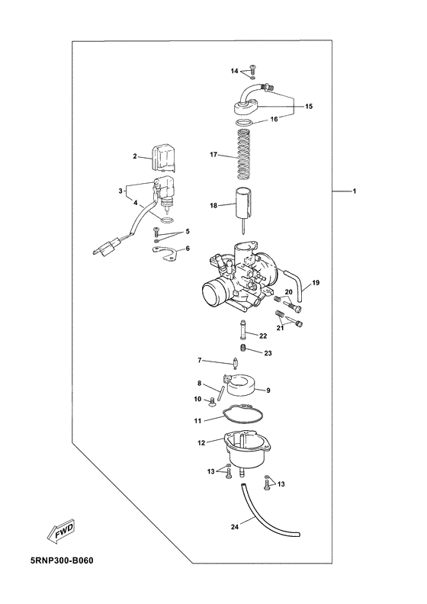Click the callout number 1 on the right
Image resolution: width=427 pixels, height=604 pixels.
tap(353, 191)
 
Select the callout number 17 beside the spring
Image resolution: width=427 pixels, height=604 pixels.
tap(215, 155)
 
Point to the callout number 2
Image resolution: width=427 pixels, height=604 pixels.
tap(135, 156)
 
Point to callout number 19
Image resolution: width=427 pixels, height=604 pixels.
tap(316, 283)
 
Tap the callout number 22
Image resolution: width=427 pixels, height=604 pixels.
tap(263, 336)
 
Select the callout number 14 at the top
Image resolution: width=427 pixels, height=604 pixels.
tap(236, 71)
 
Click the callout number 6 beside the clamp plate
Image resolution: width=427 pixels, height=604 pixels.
tap(188, 249)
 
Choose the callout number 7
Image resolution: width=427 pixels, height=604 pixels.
tap(200, 360)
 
